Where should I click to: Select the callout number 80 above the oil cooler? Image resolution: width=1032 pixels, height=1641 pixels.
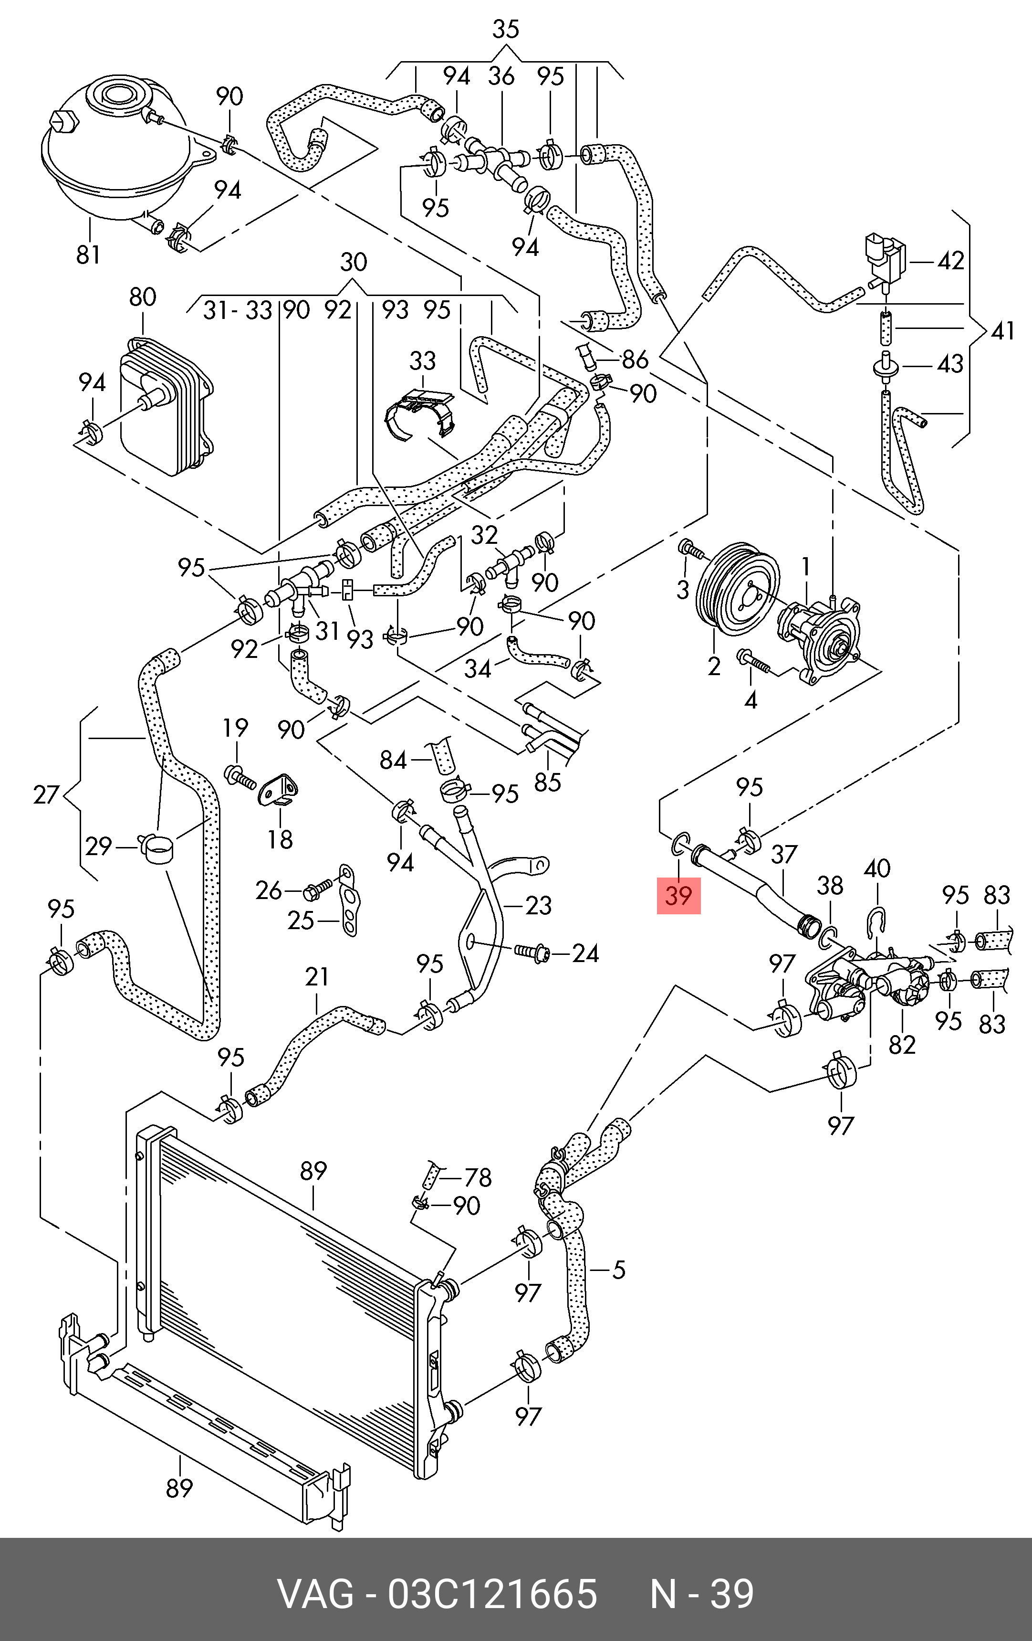click(142, 297)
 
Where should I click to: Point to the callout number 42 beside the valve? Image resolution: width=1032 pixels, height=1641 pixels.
click(950, 261)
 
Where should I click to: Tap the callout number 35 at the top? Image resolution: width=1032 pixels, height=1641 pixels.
click(505, 29)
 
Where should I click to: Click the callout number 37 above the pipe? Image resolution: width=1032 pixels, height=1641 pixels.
click(784, 855)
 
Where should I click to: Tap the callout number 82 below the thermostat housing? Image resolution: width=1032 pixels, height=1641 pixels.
click(902, 1045)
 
